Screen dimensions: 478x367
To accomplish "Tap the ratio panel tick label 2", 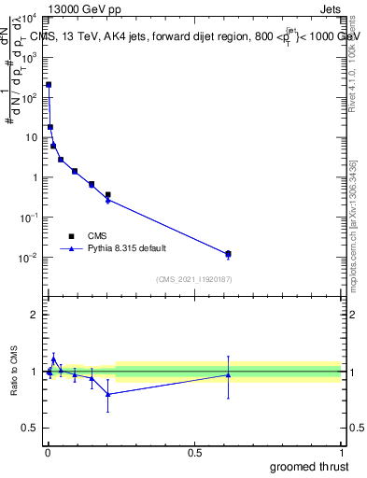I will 35,315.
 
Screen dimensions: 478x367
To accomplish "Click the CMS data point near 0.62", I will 228,254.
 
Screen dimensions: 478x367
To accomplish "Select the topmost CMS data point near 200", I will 49,85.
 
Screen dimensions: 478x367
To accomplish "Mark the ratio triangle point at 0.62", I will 228,375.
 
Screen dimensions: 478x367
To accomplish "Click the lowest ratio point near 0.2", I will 108,394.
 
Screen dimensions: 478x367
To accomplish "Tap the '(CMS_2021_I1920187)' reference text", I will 194,278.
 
